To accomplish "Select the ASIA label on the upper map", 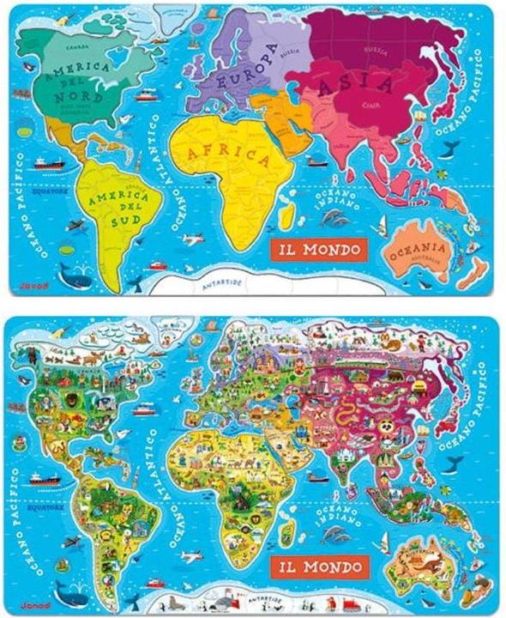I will click(356, 86).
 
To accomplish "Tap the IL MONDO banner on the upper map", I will click(319, 250).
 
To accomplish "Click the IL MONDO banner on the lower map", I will click(319, 566).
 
